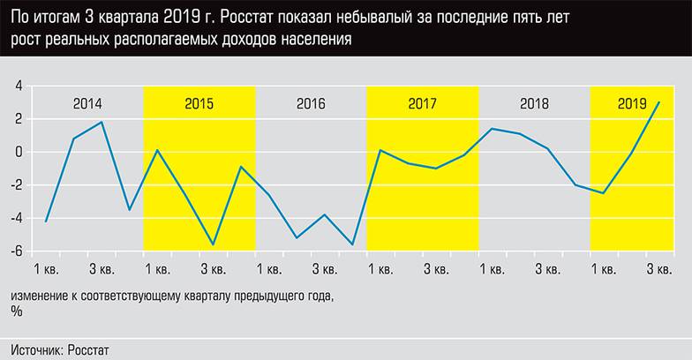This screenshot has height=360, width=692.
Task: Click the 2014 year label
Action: (x=87, y=104)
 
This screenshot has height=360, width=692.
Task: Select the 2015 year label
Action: (x=199, y=104)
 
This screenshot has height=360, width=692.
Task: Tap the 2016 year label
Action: (x=311, y=104)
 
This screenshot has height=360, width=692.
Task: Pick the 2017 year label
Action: (x=422, y=104)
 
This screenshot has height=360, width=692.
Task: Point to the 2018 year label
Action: (x=534, y=104)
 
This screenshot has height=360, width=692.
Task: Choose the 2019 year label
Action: (x=632, y=104)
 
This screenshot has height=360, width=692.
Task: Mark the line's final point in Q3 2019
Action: (x=659, y=102)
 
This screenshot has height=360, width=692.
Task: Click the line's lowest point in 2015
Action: (x=213, y=244)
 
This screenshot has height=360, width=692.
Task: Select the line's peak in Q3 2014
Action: (x=102, y=122)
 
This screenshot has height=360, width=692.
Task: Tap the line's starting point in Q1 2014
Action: (x=46, y=221)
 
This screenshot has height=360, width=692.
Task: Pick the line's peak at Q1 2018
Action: (x=492, y=129)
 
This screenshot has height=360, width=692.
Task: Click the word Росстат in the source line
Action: (x=86, y=350)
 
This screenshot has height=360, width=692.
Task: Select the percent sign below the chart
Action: (x=17, y=311)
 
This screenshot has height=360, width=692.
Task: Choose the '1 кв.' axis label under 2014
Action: (x=46, y=268)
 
